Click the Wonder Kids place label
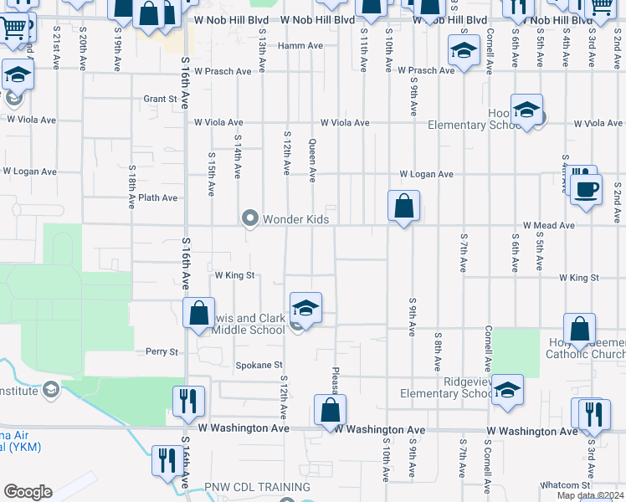[x=295, y=219]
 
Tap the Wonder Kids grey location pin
[x=249, y=218]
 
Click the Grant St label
[x=161, y=99]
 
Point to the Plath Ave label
[x=158, y=198]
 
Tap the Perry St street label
[x=162, y=352]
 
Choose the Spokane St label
[x=259, y=366]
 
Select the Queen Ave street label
[x=312, y=160]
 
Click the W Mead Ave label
[x=548, y=226]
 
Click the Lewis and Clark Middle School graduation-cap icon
[x=305, y=308]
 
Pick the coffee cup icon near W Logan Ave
[x=586, y=188]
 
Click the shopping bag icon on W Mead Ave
[x=403, y=205]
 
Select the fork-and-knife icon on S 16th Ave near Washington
[x=188, y=402]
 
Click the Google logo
[x=28, y=492]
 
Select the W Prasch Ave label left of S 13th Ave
[x=221, y=72]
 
